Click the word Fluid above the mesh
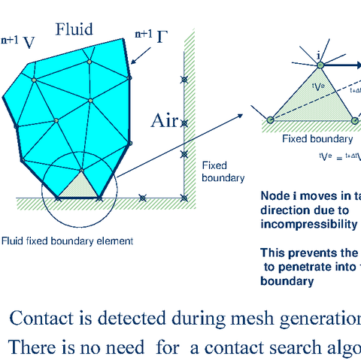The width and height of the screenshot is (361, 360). coord(74,29)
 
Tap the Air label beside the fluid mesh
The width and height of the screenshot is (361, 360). coord(165,121)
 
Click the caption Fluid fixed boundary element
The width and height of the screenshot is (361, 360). coord(67,241)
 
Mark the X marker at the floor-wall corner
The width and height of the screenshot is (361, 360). coord(184,198)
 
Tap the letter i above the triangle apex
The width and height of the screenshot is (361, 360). coord(319,55)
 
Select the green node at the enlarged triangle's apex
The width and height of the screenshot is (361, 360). coord(320,66)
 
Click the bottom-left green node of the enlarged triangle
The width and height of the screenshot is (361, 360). coord(270,118)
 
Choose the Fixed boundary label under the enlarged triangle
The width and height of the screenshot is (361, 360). coord(317,139)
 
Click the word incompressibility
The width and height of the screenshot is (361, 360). coord(309,224)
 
